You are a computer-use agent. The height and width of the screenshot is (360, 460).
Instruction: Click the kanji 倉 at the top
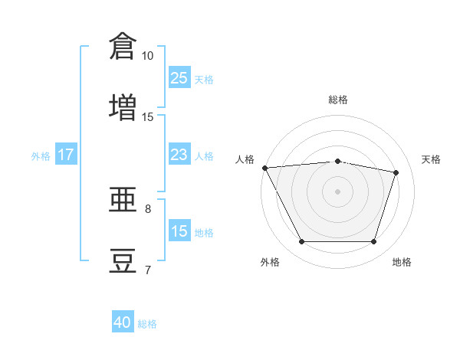pyautogui.click(x=123, y=46)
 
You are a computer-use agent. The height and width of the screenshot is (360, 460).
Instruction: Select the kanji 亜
pyautogui.click(x=123, y=198)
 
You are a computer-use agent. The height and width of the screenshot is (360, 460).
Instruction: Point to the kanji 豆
pyautogui.click(x=123, y=260)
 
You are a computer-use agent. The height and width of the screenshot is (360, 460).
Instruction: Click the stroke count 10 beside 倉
pyautogui.click(x=147, y=56)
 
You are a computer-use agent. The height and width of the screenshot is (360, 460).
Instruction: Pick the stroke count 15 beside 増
pyautogui.click(x=147, y=117)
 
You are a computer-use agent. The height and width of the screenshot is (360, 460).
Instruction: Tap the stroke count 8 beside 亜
pyautogui.click(x=148, y=208)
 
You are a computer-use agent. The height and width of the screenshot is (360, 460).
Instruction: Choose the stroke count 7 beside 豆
pyautogui.click(x=148, y=270)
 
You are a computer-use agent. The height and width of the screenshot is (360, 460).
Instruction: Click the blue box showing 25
pyautogui.click(x=179, y=78)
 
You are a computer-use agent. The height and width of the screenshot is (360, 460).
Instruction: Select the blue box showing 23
pyautogui.click(x=179, y=155)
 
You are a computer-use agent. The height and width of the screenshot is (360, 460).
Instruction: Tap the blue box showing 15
pyautogui.click(x=179, y=231)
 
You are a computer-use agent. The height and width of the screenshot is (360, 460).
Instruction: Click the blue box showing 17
pyautogui.click(x=66, y=155)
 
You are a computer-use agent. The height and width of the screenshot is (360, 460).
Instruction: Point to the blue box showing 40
pyautogui.click(x=123, y=322)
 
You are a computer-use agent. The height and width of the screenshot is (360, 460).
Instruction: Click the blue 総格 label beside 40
pyautogui.click(x=147, y=324)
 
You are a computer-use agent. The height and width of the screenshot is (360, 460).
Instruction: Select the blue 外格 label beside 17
pyautogui.click(x=41, y=156)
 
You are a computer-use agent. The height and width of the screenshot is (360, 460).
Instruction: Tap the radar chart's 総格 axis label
pyautogui.click(x=338, y=100)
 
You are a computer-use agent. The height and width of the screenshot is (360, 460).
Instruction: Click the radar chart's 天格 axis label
pyautogui.click(x=432, y=159)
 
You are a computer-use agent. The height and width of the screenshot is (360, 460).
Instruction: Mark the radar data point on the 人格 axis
pyautogui.click(x=264, y=168)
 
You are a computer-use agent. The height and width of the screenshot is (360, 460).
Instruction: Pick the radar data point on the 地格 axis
pyautogui.click(x=374, y=242)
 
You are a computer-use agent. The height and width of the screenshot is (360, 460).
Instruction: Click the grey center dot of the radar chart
pyautogui.click(x=338, y=191)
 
